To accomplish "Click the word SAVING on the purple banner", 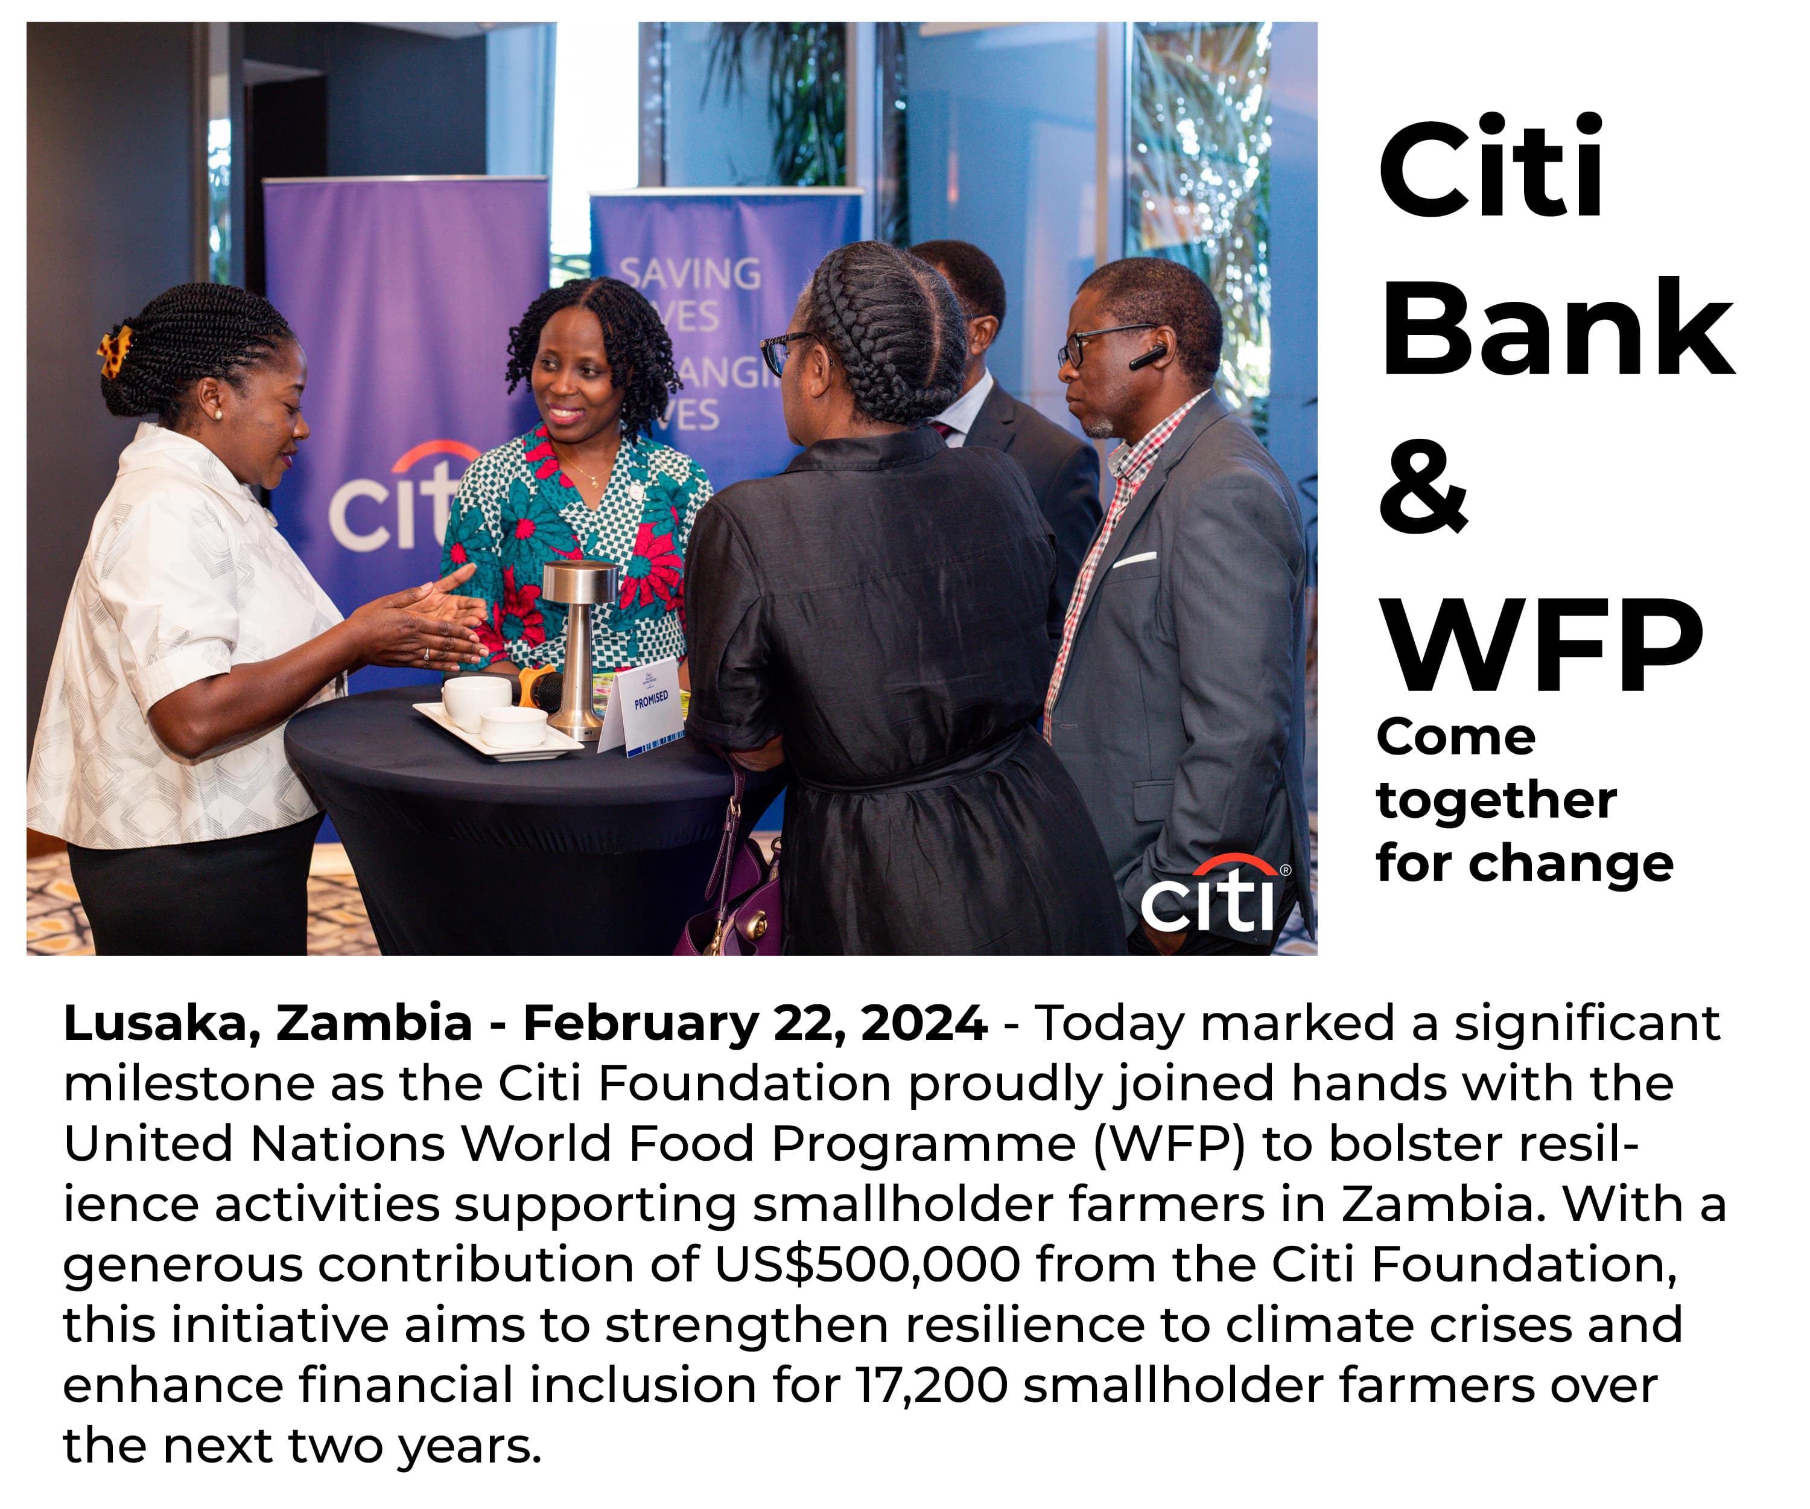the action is point(690,274).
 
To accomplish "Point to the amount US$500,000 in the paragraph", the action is point(867,1264).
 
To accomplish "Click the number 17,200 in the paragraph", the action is point(932,1386).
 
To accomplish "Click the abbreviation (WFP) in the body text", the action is point(1170,1144).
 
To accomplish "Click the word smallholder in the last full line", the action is point(1173,1386).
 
